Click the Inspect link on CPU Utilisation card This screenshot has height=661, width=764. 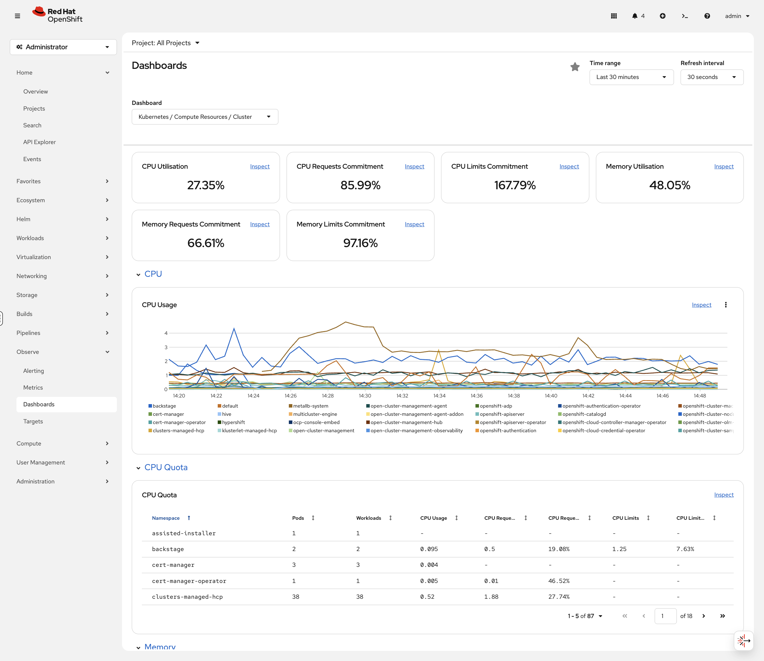[259, 167]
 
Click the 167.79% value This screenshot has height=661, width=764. [515, 185]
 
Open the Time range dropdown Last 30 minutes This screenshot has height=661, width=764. [631, 77]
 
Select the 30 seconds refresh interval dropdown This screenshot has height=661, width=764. [711, 77]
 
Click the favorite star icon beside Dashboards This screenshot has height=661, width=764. [574, 67]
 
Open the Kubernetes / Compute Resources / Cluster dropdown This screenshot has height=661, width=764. [205, 117]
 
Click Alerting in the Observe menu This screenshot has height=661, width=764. [33, 371]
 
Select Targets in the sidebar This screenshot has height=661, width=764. [33, 421]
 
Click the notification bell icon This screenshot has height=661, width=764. [634, 16]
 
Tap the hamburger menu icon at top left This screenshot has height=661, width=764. [17, 16]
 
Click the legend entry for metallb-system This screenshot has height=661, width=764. [310, 406]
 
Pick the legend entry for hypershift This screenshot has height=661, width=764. [233, 422]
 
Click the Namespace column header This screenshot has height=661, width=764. [166, 518]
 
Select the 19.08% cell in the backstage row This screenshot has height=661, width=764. [559, 549]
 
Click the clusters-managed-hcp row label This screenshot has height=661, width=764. [187, 597]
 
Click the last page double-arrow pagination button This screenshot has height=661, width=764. [722, 616]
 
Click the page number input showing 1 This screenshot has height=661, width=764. [665, 616]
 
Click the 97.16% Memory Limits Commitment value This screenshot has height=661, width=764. [360, 243]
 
